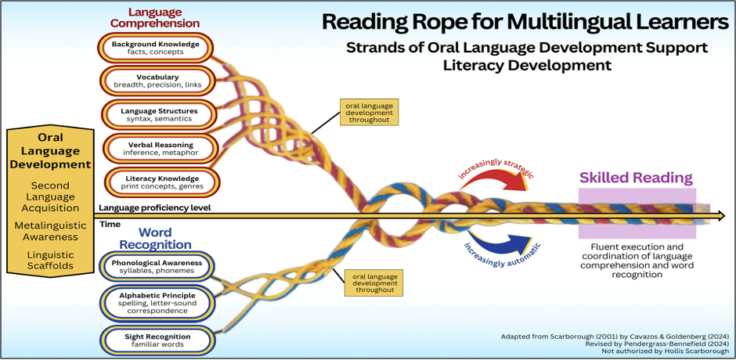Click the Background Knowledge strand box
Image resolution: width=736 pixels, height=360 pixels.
click(156, 48)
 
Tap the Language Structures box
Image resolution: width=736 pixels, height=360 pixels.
click(159, 114)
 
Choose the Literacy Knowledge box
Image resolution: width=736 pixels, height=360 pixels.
click(162, 182)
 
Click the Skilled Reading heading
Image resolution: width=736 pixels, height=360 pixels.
click(636, 178)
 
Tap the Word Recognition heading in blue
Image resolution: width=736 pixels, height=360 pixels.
click(155, 239)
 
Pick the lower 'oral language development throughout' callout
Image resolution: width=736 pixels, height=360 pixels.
click(373, 283)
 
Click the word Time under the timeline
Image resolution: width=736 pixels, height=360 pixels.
click(110, 225)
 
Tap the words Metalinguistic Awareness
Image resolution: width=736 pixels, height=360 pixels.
click(46, 232)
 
